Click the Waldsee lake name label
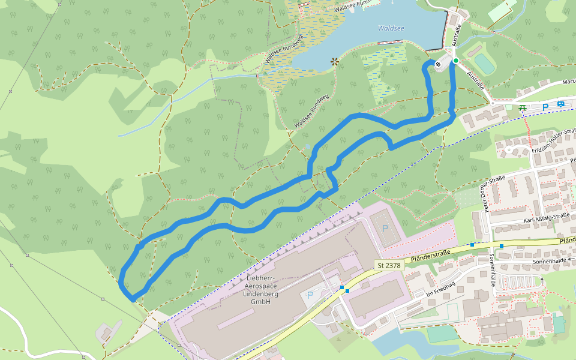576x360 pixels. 391,28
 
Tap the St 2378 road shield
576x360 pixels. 388,265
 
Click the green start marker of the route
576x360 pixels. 455,61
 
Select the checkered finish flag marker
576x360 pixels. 439,65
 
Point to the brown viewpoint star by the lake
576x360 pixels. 334,61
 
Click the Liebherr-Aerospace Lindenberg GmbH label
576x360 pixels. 262,290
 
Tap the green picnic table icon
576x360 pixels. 523,107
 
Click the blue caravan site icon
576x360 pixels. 560,104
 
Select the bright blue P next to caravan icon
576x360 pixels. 545,107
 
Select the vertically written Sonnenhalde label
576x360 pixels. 491,269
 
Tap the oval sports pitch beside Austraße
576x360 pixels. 484,64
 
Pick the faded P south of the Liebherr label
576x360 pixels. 310,295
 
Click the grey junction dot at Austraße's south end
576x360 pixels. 492,103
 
